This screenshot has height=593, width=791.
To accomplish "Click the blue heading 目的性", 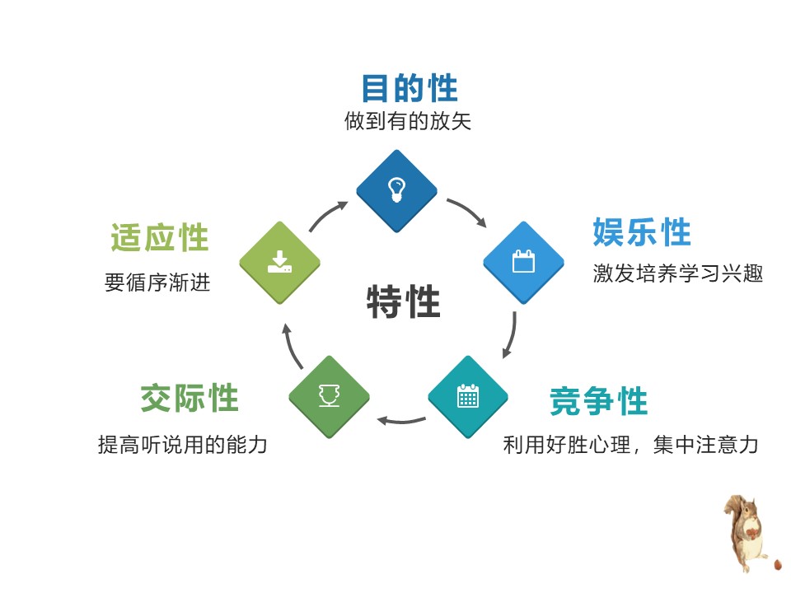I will coord(410,88).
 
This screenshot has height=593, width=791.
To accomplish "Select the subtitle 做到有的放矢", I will coord(408,122).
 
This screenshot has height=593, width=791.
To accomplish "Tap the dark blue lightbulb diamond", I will coord(396,190).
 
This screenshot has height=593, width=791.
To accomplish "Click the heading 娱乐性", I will coord(642,233).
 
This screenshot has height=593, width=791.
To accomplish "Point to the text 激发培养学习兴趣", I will coord(677,273).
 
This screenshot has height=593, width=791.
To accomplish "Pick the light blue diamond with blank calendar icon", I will coord(523,262).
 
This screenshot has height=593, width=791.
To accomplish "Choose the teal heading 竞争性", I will coord(599,402).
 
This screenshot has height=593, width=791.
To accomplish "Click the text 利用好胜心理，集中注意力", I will coord(630,446).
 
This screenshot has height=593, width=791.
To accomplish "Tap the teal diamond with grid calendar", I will coord(468,397).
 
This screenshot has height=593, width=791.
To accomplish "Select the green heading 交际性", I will coord(189,399).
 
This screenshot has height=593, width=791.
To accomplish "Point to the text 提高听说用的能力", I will coord(182,446).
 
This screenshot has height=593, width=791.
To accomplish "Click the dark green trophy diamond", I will coord(330,397).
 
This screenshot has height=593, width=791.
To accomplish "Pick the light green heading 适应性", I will coord(160,238).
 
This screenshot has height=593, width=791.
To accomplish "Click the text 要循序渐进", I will coord(157,283).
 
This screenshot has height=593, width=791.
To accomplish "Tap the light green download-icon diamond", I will coord(279,263).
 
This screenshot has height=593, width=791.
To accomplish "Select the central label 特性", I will coord(403,302).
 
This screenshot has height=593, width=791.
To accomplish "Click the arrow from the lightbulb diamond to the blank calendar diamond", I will coord(466,211).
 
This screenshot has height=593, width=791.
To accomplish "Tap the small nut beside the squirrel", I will coord(777,566).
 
